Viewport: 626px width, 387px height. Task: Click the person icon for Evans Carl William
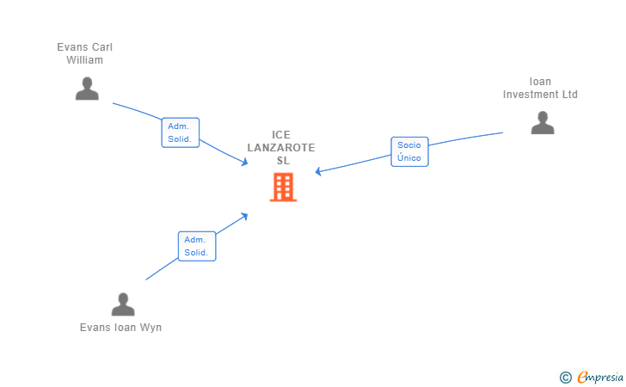87,89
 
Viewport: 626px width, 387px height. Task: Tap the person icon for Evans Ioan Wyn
123,304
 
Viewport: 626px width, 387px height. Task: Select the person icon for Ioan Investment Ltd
543,123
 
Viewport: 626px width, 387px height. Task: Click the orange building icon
283,187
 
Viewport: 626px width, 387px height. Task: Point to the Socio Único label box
409,152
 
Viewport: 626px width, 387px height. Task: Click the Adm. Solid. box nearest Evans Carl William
181,132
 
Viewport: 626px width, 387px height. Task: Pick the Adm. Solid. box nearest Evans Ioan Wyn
197,246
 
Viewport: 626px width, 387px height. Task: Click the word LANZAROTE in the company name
281,147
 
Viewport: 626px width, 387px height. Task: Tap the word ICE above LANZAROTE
281,134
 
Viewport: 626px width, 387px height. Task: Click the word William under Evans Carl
84,60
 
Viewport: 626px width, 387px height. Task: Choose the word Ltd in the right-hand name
569,95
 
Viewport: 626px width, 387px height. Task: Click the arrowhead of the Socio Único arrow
317,172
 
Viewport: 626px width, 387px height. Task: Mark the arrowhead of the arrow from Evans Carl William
245,163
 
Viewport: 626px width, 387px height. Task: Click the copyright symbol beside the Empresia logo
565,377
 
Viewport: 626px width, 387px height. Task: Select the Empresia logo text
600,377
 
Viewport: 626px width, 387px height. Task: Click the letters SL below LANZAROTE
283,160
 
